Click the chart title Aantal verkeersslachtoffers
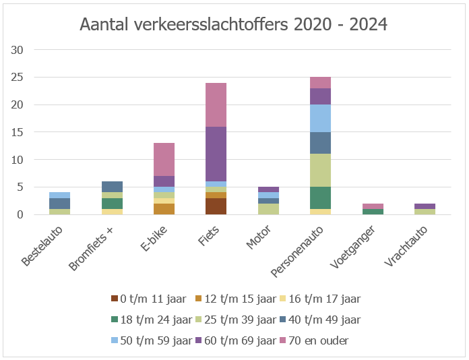pos(233,25)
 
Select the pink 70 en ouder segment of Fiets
pos(216,104)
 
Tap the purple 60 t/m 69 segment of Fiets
pos(216,154)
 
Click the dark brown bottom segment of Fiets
pos(216,206)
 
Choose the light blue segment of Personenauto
pos(320,118)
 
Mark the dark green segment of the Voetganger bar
pos(373,212)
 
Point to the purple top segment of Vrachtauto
pos(425,206)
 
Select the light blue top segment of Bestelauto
pos(59,195)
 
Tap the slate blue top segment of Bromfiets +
pos(111,187)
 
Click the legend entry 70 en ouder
pos(317,340)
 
